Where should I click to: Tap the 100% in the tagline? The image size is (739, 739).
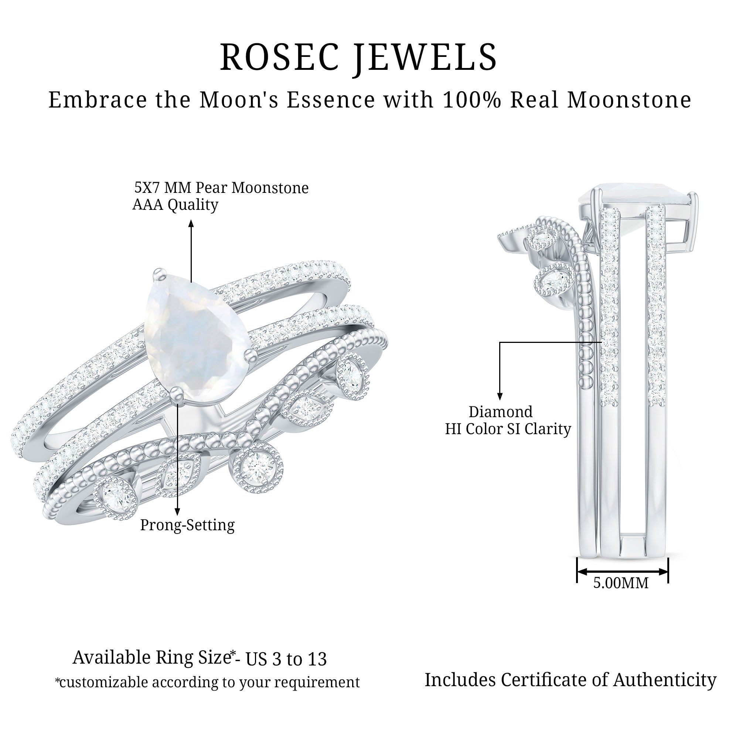tap(471, 100)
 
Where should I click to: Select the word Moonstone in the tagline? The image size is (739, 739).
tap(629, 100)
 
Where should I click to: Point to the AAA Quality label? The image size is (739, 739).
tap(175, 205)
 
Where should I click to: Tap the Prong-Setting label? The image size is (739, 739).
tap(187, 525)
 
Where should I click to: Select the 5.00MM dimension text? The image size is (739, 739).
tap(621, 583)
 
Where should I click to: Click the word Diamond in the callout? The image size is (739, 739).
tap(500, 412)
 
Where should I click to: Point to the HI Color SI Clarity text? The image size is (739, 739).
tap(508, 429)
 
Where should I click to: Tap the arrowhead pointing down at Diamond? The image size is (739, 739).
tap(500, 396)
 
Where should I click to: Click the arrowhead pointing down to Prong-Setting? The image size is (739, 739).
tap(177, 512)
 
